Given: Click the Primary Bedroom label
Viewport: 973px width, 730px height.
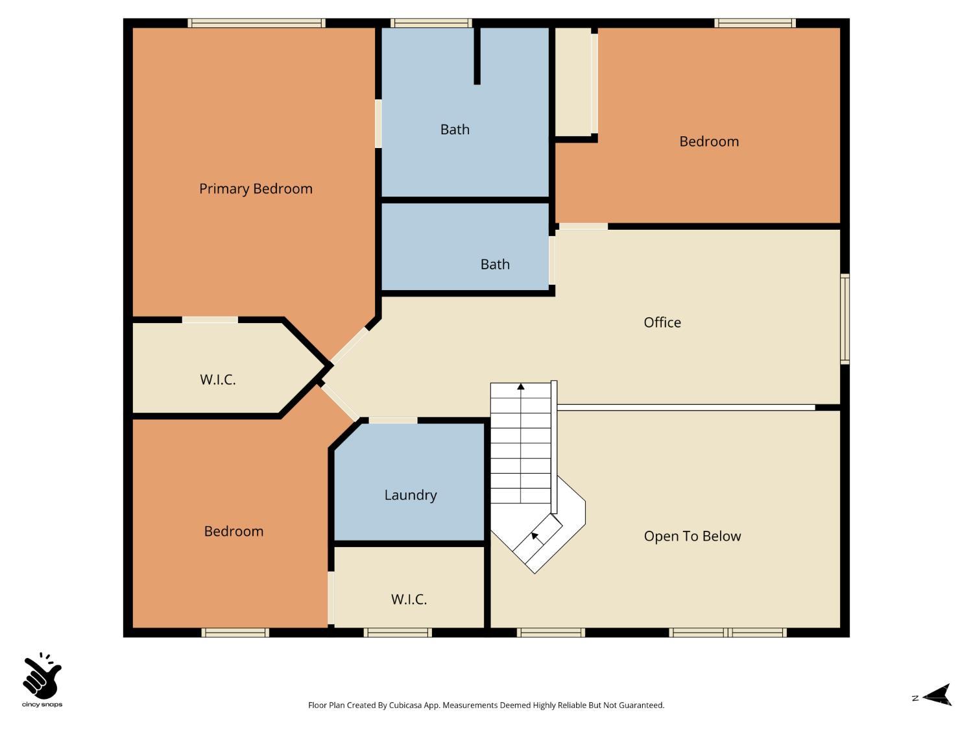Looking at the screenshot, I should pyautogui.click(x=256, y=189).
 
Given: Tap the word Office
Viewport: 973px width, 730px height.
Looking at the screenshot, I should pyautogui.click(x=662, y=322).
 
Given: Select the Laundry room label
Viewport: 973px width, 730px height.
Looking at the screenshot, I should pyautogui.click(x=411, y=495).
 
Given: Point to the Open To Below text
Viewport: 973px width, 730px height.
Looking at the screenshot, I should pyautogui.click(x=692, y=536).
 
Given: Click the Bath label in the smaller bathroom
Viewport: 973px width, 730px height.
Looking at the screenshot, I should pyautogui.click(x=495, y=265).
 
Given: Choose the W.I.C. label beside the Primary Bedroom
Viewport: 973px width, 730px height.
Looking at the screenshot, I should pyautogui.click(x=218, y=380).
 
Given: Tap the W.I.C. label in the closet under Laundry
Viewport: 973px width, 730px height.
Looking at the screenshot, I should pyautogui.click(x=409, y=600).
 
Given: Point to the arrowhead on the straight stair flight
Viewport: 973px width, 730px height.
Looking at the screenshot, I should pyautogui.click(x=520, y=387).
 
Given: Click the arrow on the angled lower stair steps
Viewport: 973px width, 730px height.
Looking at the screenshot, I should pyautogui.click(x=535, y=537).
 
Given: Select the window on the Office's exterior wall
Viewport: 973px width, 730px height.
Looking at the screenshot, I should pyautogui.click(x=845, y=319).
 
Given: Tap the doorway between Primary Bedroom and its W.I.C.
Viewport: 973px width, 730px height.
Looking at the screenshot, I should pyautogui.click(x=210, y=319).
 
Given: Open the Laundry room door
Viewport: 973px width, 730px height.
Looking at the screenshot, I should pyautogui.click(x=392, y=420).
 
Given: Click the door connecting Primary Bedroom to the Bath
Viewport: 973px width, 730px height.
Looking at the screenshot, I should pyautogui.click(x=378, y=123).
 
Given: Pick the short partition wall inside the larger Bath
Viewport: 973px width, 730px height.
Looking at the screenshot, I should pyautogui.click(x=477, y=56).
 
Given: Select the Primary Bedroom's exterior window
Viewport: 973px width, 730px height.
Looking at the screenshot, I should pyautogui.click(x=256, y=23).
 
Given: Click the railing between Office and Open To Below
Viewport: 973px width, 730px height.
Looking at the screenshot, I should pyautogui.click(x=685, y=408).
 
